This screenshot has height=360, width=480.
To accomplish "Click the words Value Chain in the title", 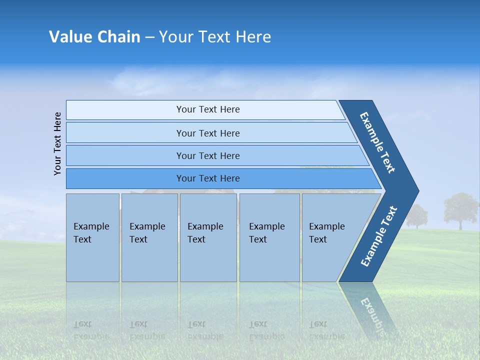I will coord(94,37).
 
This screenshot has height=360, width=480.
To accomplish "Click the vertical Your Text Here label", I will coord(58,143).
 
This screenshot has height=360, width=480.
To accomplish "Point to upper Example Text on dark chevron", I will coord(377,142).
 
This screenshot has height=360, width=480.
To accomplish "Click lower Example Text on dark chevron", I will coord(378,236).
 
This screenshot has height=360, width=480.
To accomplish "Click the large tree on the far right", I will coord(460,209).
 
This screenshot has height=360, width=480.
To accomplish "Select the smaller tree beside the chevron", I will coord(416,215).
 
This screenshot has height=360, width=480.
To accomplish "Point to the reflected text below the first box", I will coord(91,330).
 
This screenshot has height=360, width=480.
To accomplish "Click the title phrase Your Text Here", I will coord(215,37).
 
